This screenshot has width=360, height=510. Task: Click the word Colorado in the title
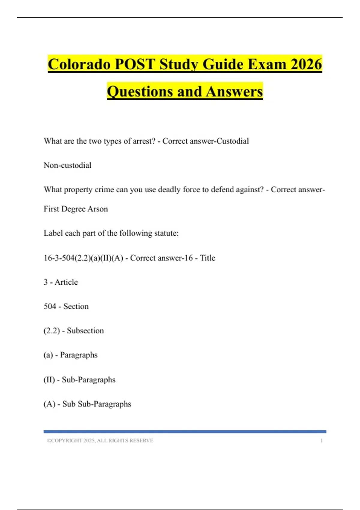(79, 64)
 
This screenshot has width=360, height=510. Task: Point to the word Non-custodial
(67, 165)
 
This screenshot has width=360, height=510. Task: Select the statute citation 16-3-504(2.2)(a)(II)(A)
(83, 258)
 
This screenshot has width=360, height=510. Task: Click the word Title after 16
(208, 258)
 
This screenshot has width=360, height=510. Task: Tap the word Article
(66, 282)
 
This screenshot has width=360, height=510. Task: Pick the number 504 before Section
(50, 306)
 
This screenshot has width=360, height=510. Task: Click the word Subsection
(85, 331)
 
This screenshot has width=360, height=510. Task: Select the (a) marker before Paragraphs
(48, 355)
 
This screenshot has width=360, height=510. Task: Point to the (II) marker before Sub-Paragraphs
(49, 380)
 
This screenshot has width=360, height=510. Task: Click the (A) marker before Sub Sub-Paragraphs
(49, 404)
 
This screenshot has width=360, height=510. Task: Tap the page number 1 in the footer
(321, 441)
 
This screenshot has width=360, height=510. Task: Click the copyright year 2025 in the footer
(89, 441)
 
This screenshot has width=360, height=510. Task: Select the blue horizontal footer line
(185, 432)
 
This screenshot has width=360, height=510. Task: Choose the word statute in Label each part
(165, 233)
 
